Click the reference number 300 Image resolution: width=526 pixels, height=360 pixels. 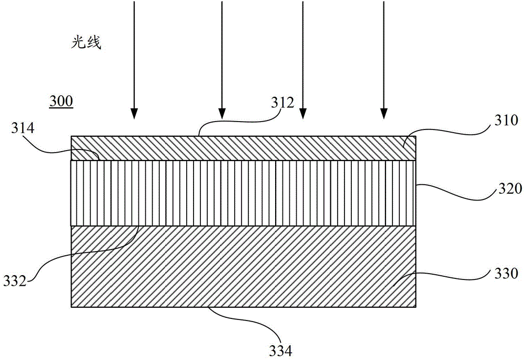[61, 101]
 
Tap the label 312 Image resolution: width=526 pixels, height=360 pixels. [282, 103]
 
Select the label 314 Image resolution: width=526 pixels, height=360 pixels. [23, 128]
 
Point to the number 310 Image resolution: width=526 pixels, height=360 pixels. [506, 120]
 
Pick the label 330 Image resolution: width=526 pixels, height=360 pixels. [506, 274]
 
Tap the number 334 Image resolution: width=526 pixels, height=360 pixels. [280, 351]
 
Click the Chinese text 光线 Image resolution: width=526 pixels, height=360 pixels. [86, 43]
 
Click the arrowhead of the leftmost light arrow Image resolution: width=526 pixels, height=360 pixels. [134, 114]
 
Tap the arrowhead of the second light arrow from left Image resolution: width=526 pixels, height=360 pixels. [222, 114]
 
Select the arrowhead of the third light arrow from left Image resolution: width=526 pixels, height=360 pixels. [303, 114]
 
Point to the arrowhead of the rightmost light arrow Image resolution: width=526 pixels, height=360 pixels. [384, 114]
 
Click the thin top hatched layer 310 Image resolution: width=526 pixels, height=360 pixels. [244, 148]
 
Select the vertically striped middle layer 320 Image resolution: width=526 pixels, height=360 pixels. [244, 193]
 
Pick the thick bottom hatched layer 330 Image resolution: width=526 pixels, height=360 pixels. [244, 266]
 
